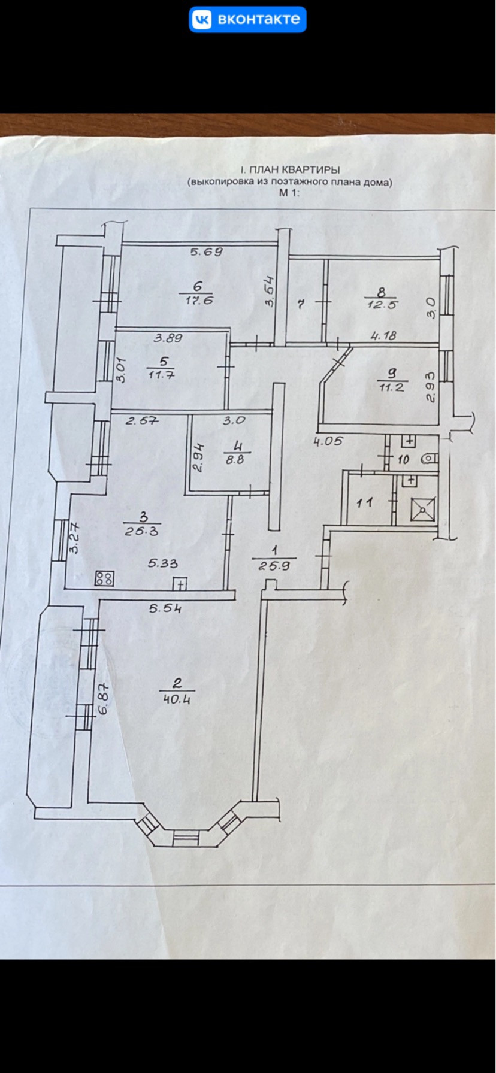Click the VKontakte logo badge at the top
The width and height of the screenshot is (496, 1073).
tap(247, 20)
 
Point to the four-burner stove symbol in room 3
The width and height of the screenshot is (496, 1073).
tap(104, 578)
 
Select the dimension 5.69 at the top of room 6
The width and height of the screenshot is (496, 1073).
tap(207, 252)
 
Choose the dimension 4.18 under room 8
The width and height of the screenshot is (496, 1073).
tap(383, 337)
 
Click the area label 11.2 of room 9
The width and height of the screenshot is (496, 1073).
tap(393, 387)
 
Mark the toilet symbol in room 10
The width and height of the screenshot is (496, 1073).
tap(429, 459)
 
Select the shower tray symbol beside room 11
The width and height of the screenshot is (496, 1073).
tap(422, 510)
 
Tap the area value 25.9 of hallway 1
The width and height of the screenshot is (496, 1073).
tap(274, 565)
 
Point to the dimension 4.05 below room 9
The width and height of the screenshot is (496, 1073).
tap(328, 442)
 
